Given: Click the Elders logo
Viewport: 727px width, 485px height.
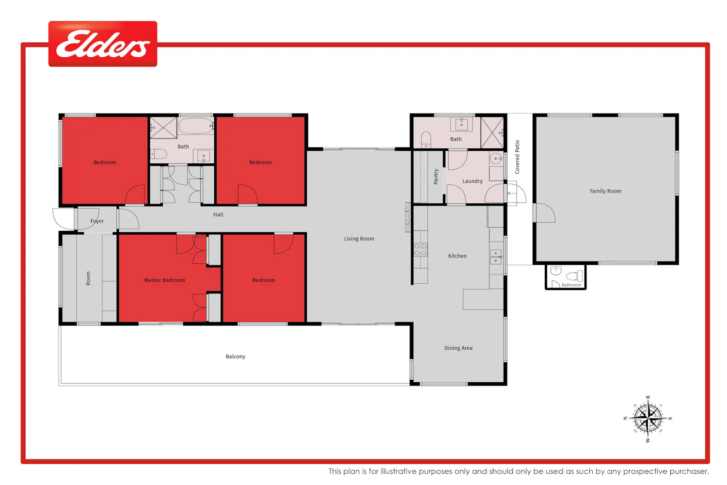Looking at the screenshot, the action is (103, 44).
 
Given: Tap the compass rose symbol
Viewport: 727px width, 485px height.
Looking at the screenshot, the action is (648, 419).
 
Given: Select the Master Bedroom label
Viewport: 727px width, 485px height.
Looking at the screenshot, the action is (165, 280).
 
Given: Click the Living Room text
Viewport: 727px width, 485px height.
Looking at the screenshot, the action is (359, 239).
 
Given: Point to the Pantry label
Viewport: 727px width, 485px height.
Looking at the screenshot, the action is (436, 177).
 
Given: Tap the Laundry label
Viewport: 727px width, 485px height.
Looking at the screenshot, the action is (472, 181).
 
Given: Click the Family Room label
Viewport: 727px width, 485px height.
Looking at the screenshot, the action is (606, 191).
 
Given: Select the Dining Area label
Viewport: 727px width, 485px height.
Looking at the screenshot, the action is (458, 348).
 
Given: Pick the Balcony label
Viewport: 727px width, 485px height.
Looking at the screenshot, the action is (235, 356).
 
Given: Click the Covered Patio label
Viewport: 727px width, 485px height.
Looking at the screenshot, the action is (517, 157).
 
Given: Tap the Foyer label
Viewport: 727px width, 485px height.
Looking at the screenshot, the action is (97, 221).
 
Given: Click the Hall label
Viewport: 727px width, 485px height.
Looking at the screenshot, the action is (218, 214).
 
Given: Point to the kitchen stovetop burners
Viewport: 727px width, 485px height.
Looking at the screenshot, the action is (420, 250).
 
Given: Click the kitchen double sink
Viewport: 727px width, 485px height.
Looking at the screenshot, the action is (496, 257).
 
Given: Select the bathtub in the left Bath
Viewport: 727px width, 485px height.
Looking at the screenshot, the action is (196, 126).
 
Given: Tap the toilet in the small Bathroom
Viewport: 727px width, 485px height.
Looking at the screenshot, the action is (574, 276).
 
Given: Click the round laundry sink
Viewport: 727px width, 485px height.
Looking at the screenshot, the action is (496, 159).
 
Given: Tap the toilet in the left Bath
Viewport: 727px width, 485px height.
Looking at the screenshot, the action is (159, 154).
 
